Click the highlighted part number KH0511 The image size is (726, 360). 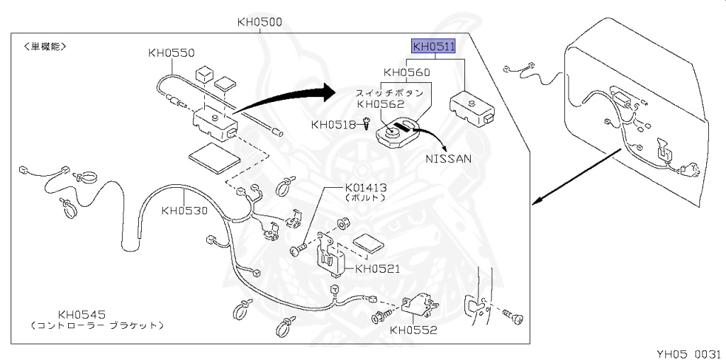coord(434,47)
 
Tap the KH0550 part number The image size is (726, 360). coord(171,52)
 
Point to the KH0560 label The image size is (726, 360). coord(406,72)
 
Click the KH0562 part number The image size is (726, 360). coord(380,103)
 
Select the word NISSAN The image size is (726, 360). coord(448,159)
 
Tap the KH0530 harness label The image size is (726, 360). coord(184,210)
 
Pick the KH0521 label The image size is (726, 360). coord(378,269)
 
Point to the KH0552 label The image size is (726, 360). coord(413,330)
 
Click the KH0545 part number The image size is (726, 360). coord(82,314)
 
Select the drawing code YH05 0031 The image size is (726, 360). coord(687,352)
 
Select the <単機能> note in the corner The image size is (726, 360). coord(45,47)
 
